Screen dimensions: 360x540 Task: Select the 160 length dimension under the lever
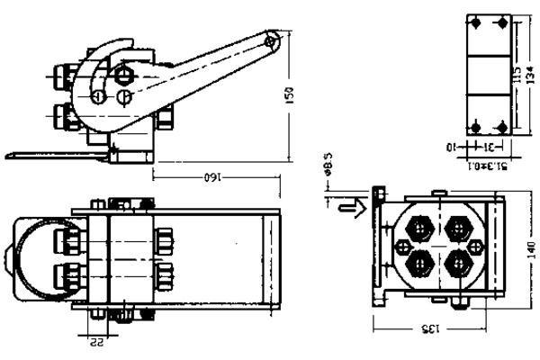coord(211,177)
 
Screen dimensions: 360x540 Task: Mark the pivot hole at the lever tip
coord(274,39)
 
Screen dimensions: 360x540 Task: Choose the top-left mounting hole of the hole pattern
coord(476,22)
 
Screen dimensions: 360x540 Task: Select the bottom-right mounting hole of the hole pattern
coord(501,126)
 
